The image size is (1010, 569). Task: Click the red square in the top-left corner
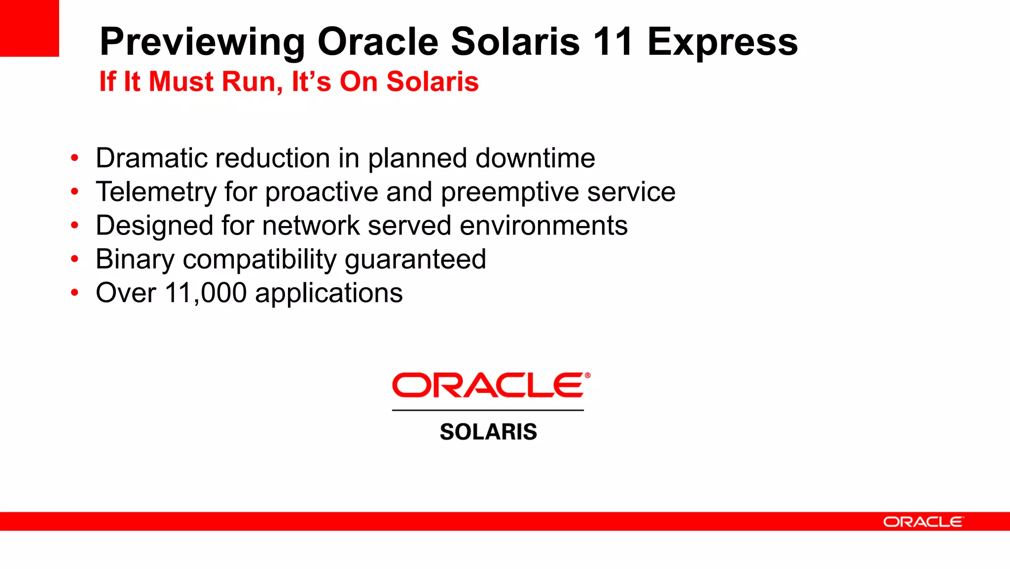pos(29,28)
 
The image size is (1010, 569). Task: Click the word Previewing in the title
pos(203,42)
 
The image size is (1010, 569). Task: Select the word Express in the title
pos(722,42)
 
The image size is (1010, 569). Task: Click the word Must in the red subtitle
pos(181,81)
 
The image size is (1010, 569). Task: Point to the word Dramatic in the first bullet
pos(151,158)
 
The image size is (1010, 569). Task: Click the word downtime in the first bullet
pos(535,158)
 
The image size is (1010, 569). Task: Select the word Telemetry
pos(156,192)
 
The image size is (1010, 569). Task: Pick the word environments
pos(543,226)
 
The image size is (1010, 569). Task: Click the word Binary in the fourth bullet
pos(135,260)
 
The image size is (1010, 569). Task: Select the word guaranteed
pos(415,260)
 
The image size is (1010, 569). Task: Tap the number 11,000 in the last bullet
pos(206,293)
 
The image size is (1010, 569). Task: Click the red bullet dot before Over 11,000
pos(74,293)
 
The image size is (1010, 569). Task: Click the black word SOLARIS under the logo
pos(488,432)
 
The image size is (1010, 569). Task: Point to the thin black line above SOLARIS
pos(488,410)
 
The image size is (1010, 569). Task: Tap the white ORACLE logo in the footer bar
pos(923,522)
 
